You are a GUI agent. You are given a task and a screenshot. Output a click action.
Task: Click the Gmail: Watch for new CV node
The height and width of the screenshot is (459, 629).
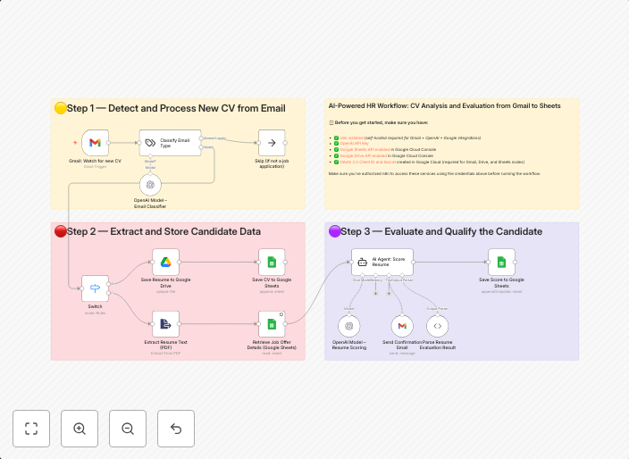pos(95,142)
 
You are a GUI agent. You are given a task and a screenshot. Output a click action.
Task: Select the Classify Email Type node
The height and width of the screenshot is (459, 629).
pos(170,142)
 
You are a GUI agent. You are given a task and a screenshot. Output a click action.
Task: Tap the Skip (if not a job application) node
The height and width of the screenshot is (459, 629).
pos(272,142)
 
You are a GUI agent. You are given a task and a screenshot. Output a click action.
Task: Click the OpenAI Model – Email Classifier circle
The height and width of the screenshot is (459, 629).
pos(150,185)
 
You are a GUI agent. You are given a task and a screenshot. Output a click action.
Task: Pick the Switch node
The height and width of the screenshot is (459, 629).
pos(95,288)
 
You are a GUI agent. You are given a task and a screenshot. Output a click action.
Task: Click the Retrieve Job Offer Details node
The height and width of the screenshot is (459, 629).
pos(272,324)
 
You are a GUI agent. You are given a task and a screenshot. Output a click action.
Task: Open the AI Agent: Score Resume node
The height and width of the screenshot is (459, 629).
pos(382,262)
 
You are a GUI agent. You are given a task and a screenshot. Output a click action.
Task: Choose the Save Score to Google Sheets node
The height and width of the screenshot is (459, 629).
pos(501,262)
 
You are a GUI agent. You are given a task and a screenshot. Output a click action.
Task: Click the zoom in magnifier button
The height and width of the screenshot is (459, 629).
pos(80,429)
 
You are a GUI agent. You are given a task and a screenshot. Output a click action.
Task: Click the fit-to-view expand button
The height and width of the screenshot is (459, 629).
pos(31,429)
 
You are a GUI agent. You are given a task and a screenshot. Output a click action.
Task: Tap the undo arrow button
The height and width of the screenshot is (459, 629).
pos(176,429)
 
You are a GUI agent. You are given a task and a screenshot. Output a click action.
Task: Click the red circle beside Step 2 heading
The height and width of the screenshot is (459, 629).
pos(61,231)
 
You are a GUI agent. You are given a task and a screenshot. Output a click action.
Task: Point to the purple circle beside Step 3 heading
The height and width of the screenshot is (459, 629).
pos(334,231)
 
